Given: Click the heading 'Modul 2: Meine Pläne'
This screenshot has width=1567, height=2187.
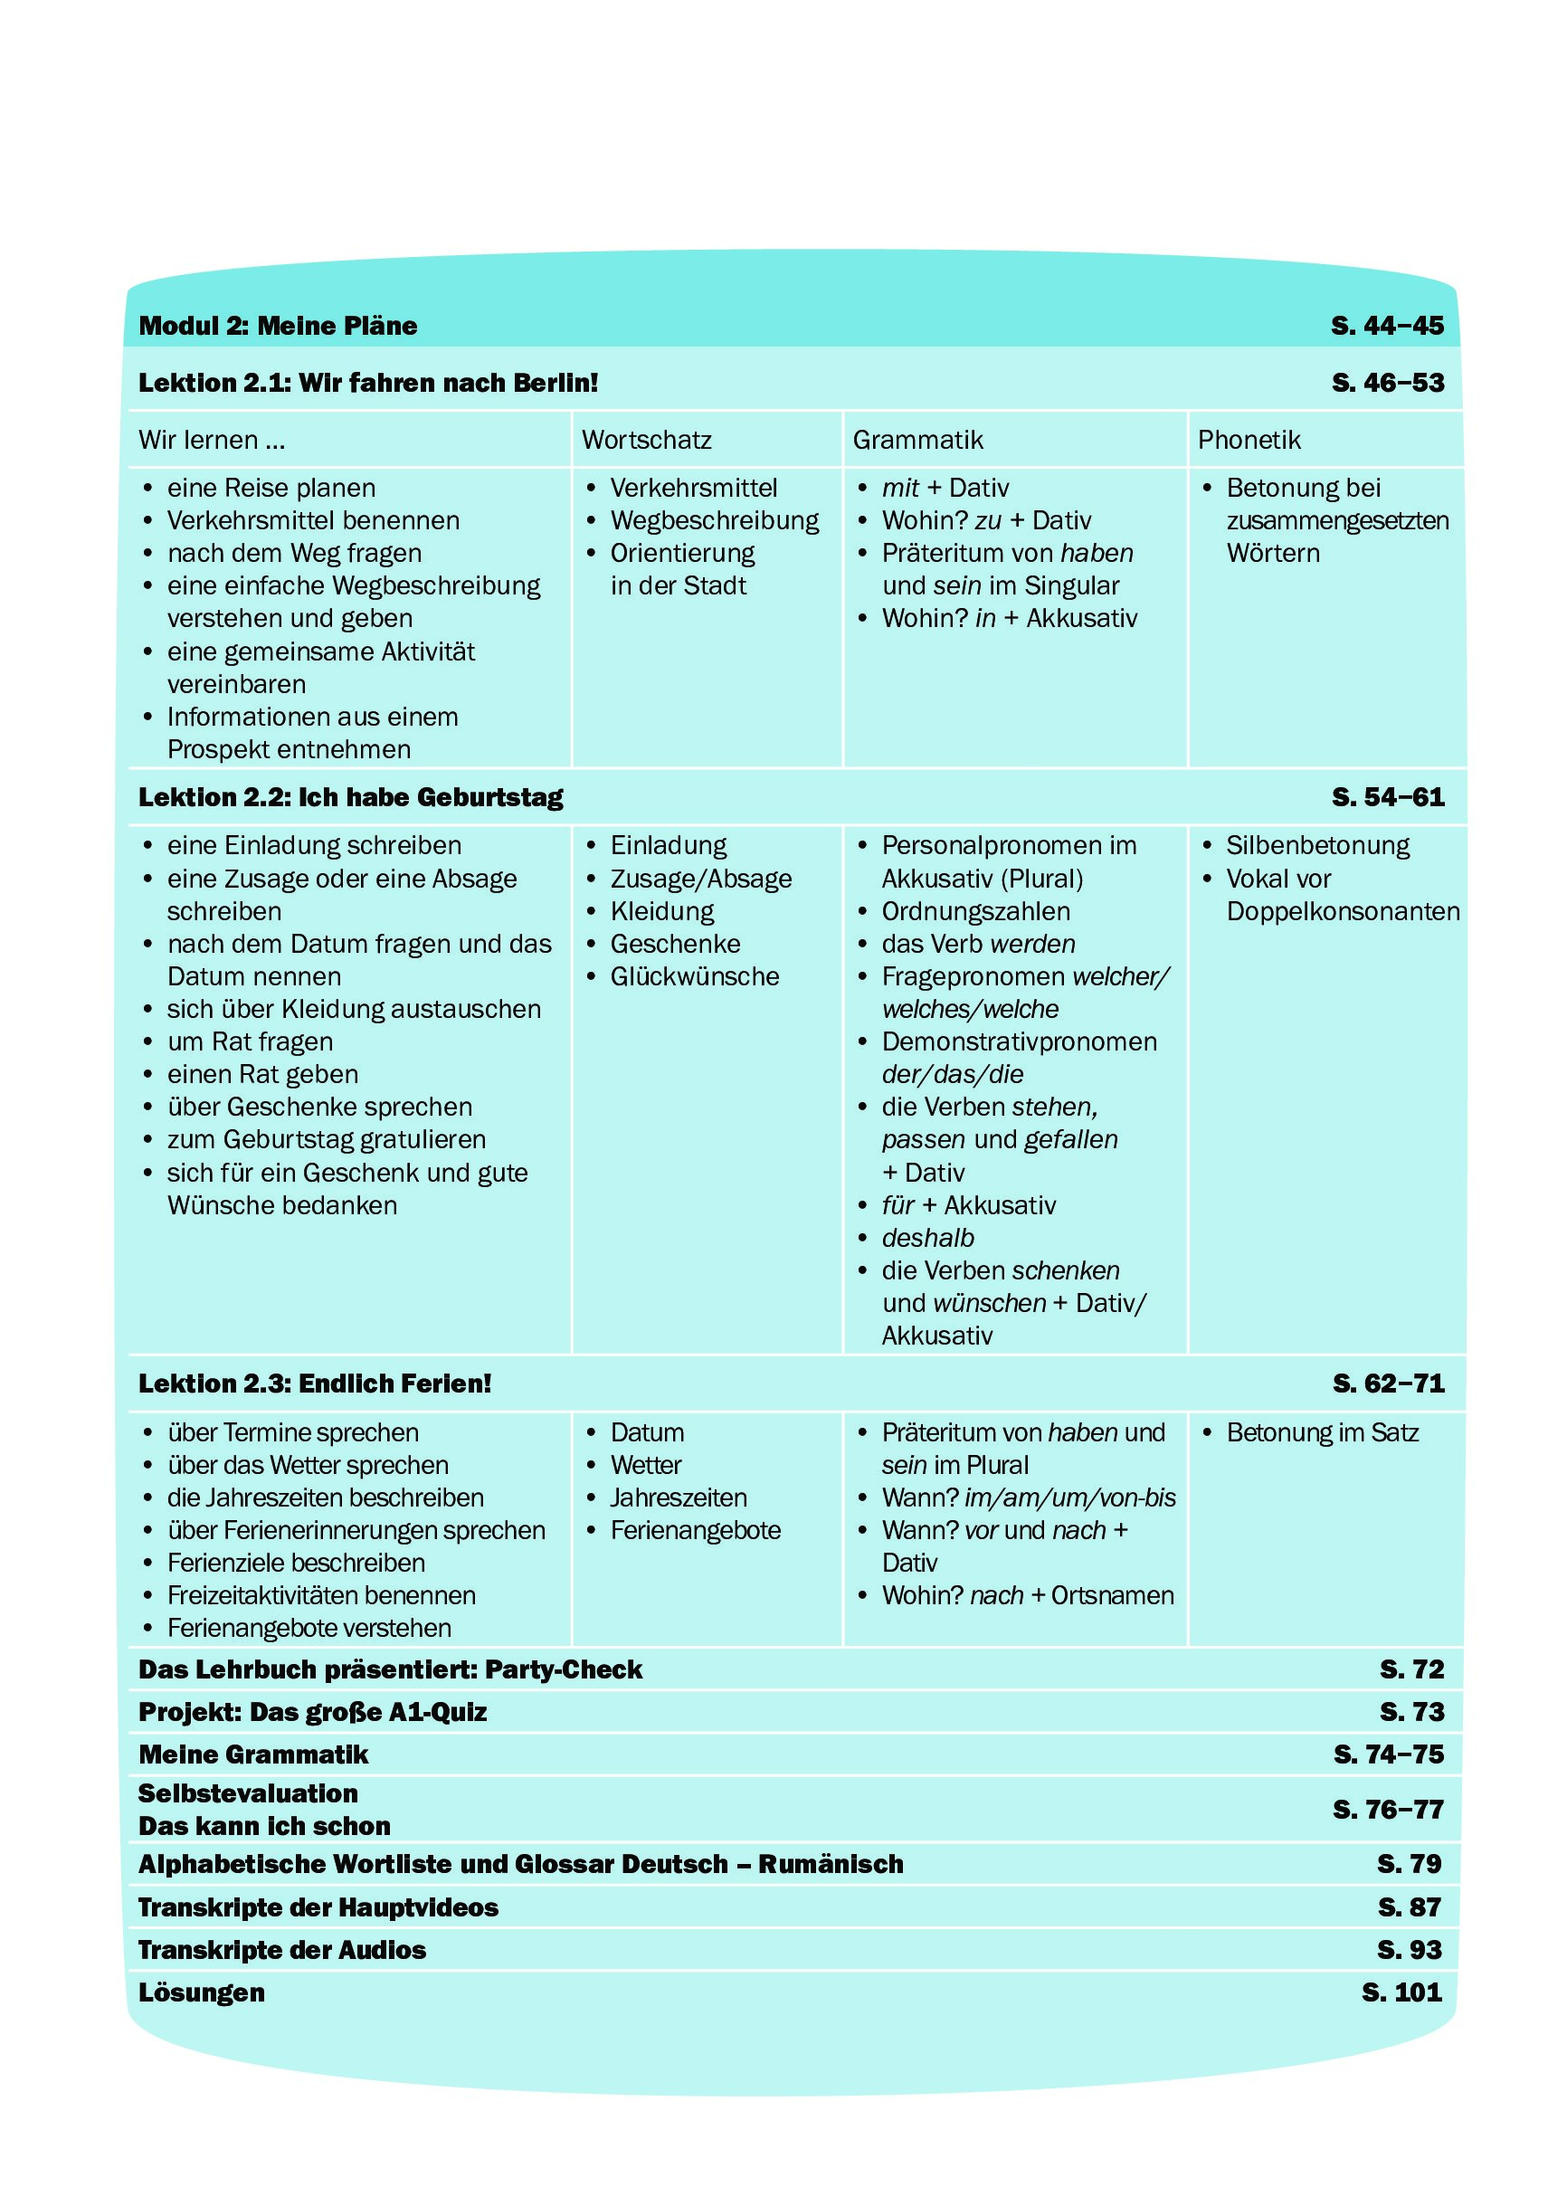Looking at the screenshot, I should click(278, 326).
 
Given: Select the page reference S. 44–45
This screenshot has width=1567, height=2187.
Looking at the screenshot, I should click(1387, 326).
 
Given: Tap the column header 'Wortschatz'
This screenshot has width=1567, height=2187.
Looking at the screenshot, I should click(646, 441).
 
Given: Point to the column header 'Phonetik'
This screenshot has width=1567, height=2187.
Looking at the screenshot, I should click(1249, 441).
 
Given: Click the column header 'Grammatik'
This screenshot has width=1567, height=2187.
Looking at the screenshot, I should click(917, 441).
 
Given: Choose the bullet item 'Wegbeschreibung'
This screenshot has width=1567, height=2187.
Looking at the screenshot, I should click(714, 520).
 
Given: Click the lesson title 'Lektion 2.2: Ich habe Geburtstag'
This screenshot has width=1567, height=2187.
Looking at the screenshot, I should click(350, 797).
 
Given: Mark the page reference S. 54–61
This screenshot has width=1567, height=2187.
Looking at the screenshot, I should click(1388, 797).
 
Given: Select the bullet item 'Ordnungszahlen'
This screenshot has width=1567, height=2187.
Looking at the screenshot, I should click(975, 911).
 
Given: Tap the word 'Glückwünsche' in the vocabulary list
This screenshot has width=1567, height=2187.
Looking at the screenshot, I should click(694, 977).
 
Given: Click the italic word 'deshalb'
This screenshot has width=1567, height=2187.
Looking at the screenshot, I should click(927, 1238).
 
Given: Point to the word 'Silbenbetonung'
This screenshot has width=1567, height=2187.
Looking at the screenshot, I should click(1317, 846).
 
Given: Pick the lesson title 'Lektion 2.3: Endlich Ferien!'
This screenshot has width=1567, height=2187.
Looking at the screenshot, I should click(314, 1384).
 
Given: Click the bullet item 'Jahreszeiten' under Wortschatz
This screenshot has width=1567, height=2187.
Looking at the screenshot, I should click(678, 1498).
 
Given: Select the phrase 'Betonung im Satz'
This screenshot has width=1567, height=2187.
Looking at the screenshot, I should click(1322, 1433).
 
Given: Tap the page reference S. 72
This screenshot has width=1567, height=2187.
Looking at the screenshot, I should click(1410, 1669).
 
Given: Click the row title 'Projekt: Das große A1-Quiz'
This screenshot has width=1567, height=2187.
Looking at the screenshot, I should click(312, 1712).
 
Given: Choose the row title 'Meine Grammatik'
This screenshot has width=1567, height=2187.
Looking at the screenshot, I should click(252, 1754).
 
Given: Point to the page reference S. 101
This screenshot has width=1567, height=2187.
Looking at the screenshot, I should click(1401, 1992).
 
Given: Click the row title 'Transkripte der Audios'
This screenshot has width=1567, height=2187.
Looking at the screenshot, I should click(281, 1950).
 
